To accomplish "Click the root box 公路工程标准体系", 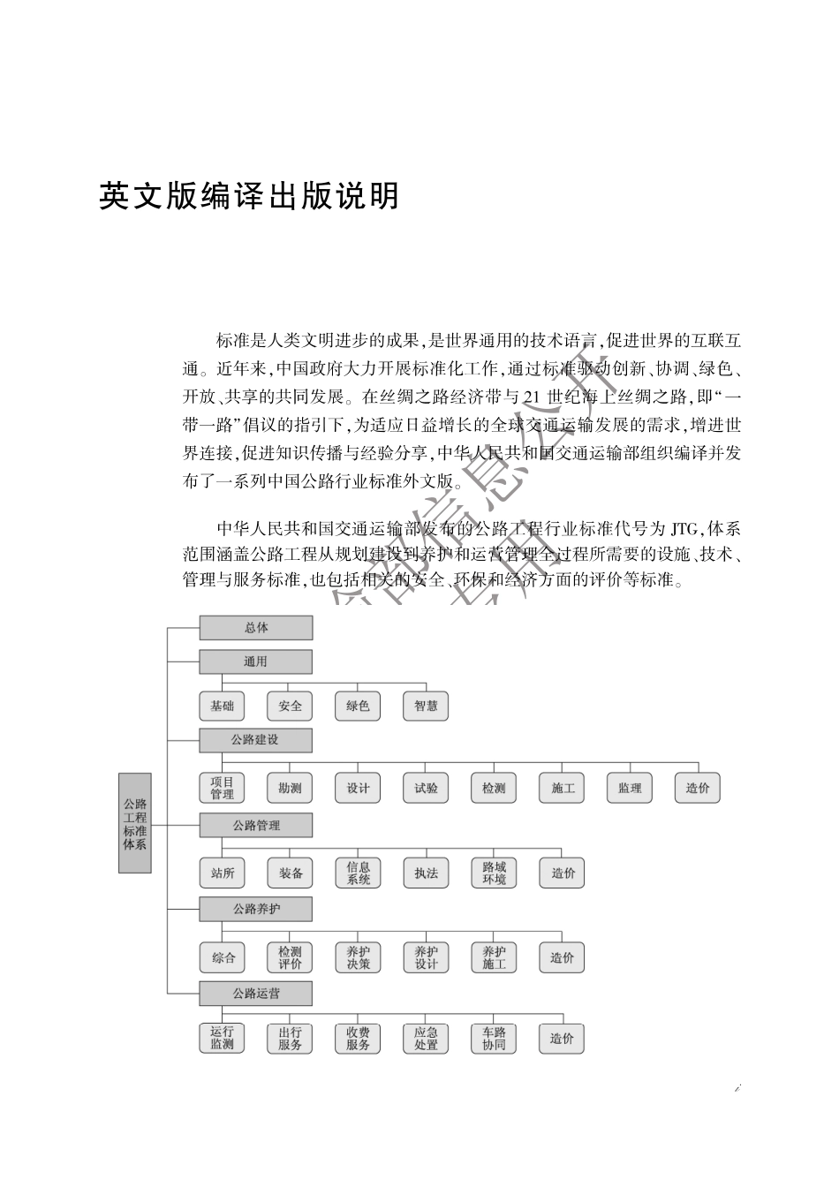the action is [x=135, y=823].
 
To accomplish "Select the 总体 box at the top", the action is [x=256, y=628].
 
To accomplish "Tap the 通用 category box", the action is [x=256, y=662].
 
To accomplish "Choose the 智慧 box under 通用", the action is [x=426, y=706].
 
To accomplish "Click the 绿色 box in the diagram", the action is [x=358, y=706].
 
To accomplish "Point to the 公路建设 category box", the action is [x=256, y=740].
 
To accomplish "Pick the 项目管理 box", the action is [x=223, y=788].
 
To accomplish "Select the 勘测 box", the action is [x=291, y=788].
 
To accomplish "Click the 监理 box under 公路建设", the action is [x=630, y=788].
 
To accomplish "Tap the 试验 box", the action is [x=426, y=788].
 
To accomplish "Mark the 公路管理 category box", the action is [x=256, y=826].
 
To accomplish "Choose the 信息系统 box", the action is [x=358, y=873].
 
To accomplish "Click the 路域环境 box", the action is [x=494, y=873].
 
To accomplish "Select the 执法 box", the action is [x=426, y=873].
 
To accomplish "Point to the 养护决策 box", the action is [x=358, y=957].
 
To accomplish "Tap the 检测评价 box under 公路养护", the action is [x=291, y=957].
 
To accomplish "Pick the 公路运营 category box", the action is [x=256, y=994].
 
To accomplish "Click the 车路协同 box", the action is [x=494, y=1039].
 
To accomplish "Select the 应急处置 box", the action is [x=426, y=1039].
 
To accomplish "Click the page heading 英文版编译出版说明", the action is [x=250, y=196].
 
